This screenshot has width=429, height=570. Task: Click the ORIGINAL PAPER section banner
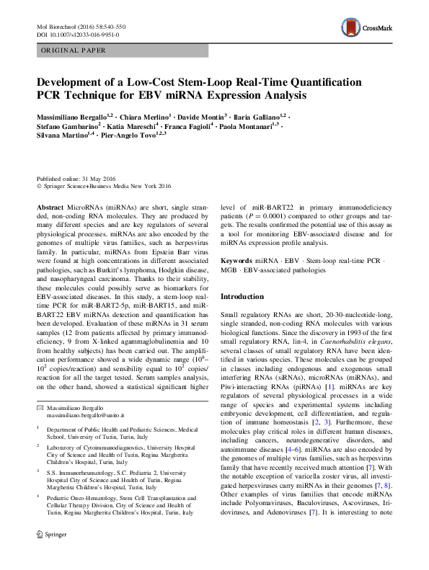(x=74, y=50)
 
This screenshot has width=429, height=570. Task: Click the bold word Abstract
(x=49, y=206)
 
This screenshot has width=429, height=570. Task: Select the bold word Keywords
(x=236, y=259)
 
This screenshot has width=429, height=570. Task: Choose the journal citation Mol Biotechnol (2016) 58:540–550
(x=81, y=25)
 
